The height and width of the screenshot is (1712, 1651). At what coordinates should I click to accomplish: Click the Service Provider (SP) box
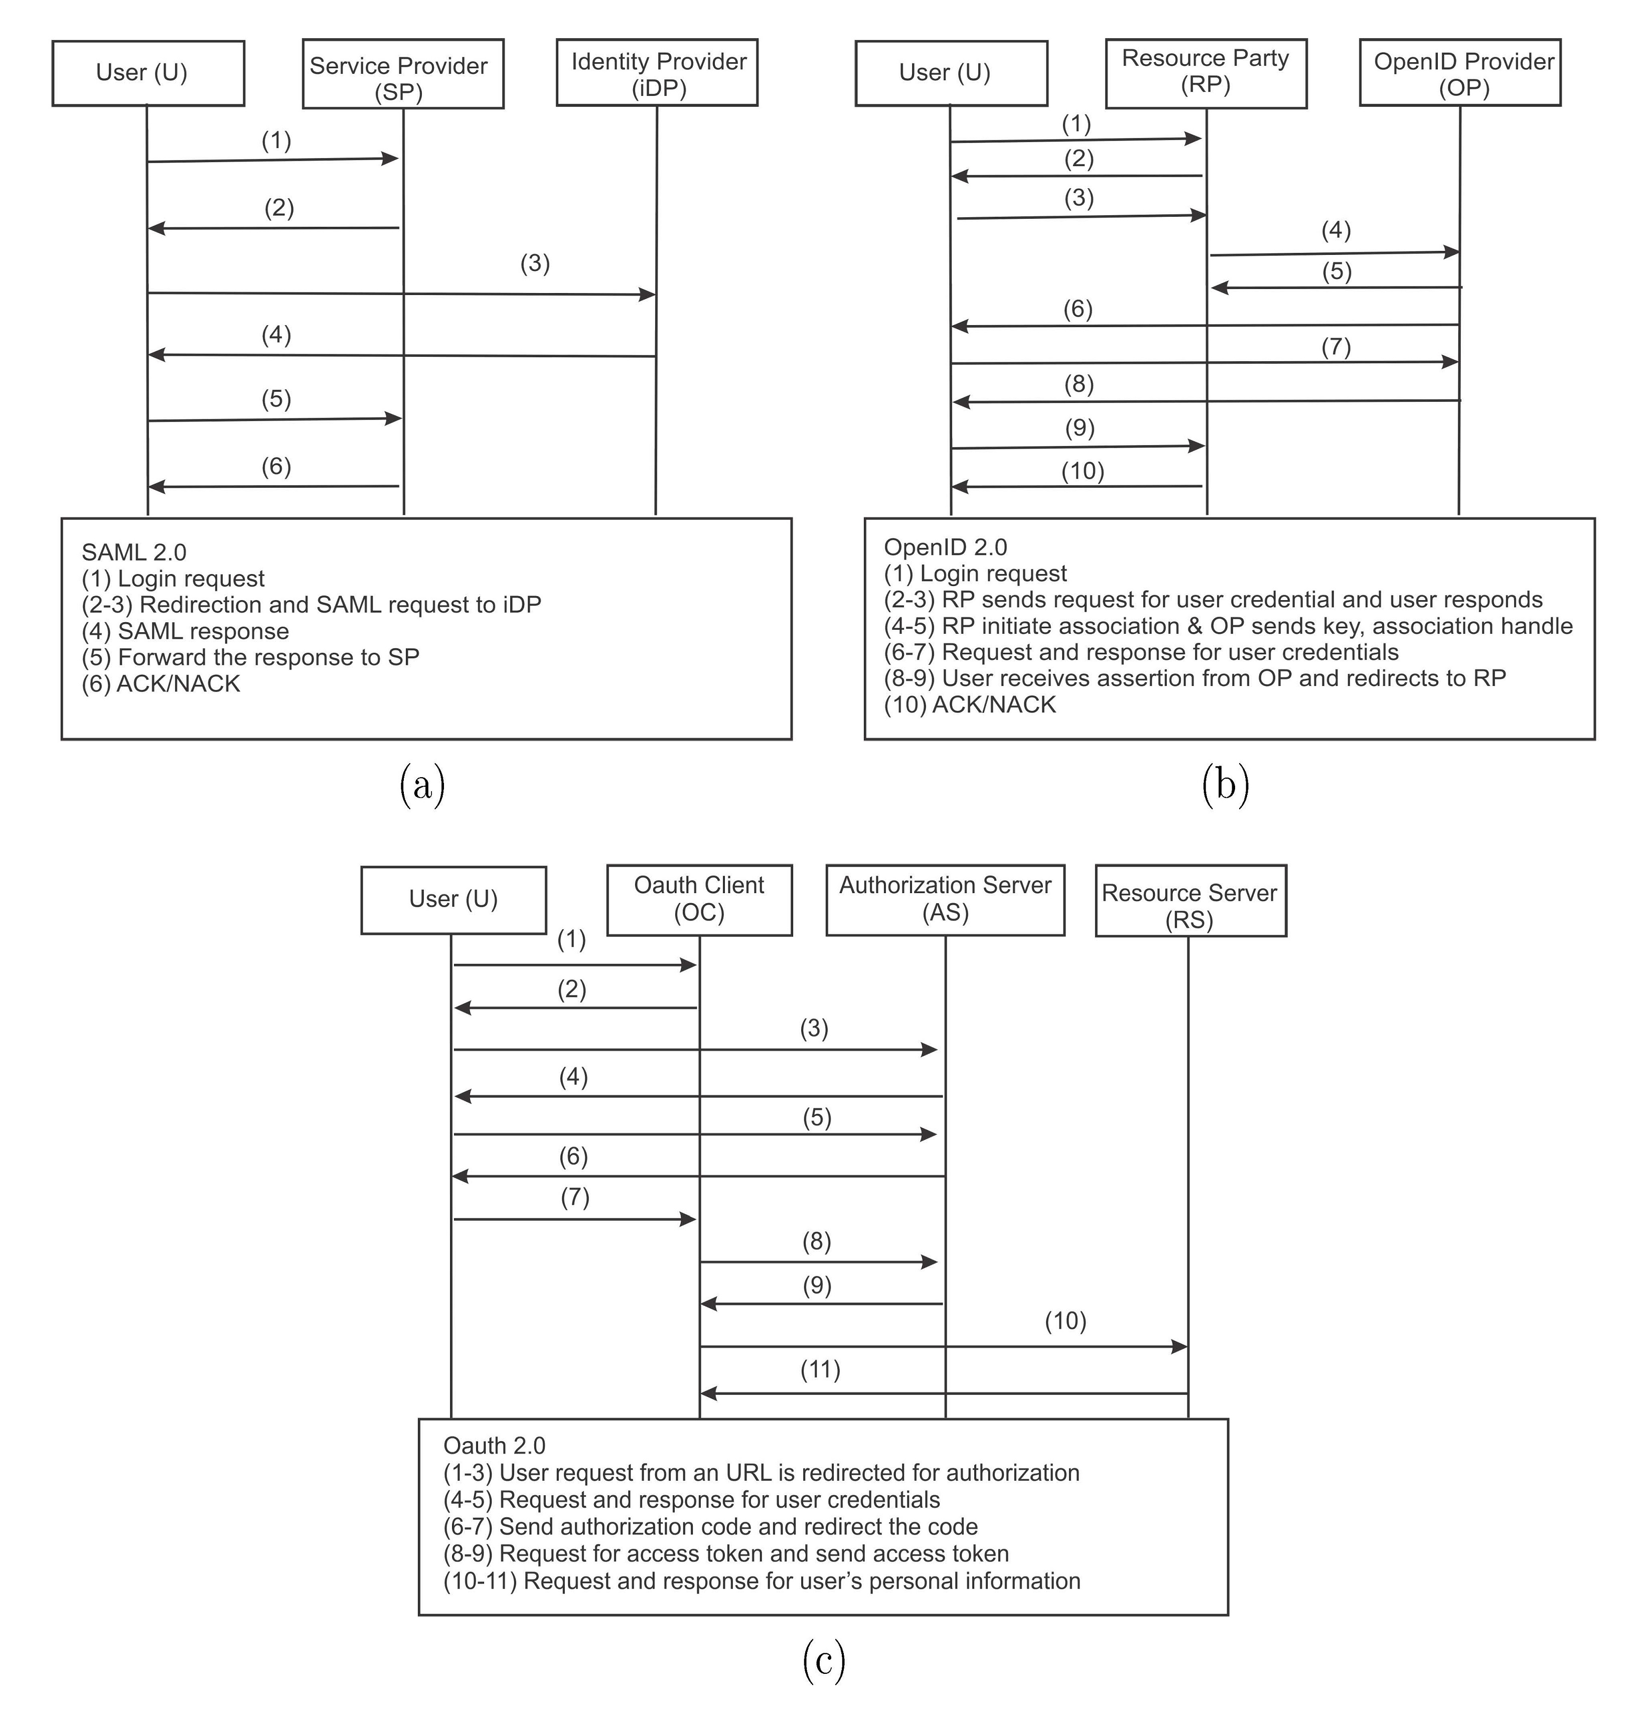pyautogui.click(x=403, y=74)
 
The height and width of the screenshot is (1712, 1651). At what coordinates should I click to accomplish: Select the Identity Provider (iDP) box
pyautogui.click(x=657, y=73)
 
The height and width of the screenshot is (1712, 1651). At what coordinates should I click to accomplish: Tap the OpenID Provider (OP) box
pyautogui.click(x=1460, y=73)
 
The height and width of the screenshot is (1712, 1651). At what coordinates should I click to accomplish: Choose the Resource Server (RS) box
pyautogui.click(x=1190, y=902)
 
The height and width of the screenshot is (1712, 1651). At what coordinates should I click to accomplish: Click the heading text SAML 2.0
pyautogui.click(x=133, y=552)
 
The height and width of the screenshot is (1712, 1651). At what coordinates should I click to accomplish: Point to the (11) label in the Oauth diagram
pyautogui.click(x=820, y=1369)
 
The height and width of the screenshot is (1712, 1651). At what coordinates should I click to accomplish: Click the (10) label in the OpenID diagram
pyautogui.click(x=1082, y=472)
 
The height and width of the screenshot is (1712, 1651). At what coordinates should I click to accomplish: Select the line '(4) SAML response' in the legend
pyautogui.click(x=185, y=631)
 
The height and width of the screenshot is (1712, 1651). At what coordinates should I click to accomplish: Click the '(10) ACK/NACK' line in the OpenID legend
pyautogui.click(x=970, y=705)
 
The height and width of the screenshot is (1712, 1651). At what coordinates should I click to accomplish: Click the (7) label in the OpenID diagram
pyautogui.click(x=1335, y=348)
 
